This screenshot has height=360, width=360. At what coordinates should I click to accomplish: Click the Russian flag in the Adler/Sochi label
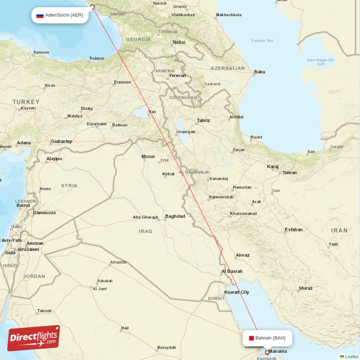coord(40,15)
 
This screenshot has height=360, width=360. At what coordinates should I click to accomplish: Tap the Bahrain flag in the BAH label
coord(250,338)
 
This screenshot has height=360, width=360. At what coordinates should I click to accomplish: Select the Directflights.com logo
coord(34,338)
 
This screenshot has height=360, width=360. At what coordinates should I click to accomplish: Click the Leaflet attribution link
coord(351,356)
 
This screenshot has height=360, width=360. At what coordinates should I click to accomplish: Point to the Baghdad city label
coord(175,216)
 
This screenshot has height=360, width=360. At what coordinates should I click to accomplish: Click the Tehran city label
coord(289,173)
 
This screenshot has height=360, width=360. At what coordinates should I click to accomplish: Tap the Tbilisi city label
coord(179,42)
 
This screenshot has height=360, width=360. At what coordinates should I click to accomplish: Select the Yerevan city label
coord(177,76)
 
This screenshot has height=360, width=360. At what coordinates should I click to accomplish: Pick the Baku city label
coord(260,72)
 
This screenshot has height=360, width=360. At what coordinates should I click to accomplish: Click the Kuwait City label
coord(237,292)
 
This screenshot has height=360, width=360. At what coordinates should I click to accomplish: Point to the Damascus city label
coord(45,212)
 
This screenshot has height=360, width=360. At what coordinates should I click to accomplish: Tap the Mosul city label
coord(148,157)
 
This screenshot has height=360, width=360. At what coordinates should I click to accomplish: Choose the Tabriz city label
coord(203,121)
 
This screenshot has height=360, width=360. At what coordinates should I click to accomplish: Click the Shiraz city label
coord(306,288)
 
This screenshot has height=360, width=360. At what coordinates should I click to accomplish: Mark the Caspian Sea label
coord(262,41)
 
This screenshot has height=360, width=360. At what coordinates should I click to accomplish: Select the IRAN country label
coord(339,230)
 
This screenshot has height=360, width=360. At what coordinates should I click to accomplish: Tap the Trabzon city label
coord(96,58)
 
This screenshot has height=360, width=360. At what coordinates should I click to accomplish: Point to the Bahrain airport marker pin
coord(267,353)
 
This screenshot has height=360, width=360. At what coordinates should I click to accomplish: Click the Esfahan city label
coord(293,229)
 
